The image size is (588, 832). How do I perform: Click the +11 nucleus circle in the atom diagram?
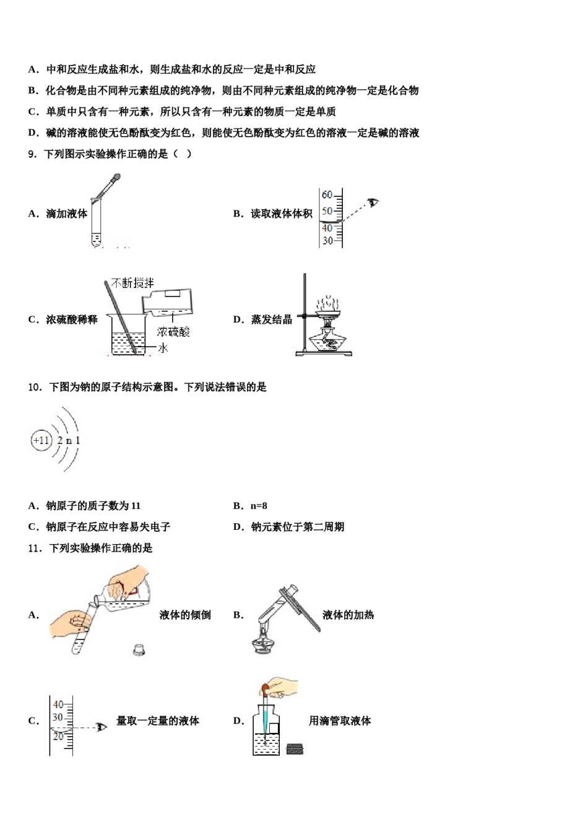[x=41, y=441]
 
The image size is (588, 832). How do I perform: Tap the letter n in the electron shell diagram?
[x=69, y=441]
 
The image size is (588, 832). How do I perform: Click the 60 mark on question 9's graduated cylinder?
[x=327, y=195]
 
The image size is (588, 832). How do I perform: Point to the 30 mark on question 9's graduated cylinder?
[x=327, y=241]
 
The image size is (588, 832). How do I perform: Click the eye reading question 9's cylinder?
[x=373, y=202]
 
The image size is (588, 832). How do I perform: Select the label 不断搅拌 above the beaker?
[x=133, y=284]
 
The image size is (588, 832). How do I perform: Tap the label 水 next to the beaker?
[x=163, y=349]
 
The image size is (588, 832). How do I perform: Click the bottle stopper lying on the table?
[x=139, y=649]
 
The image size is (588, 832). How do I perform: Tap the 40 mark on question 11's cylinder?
[x=58, y=704]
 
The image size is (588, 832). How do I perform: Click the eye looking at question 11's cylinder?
[x=102, y=726]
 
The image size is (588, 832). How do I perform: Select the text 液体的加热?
[x=348, y=615]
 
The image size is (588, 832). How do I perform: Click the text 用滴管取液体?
[x=340, y=721]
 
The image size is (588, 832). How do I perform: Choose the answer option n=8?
[x=259, y=506]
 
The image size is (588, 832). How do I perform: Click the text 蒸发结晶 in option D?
[x=271, y=320]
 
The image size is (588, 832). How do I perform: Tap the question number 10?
[x=34, y=388]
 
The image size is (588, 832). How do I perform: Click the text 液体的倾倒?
[x=185, y=615]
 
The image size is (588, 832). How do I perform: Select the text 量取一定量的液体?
[x=158, y=721]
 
